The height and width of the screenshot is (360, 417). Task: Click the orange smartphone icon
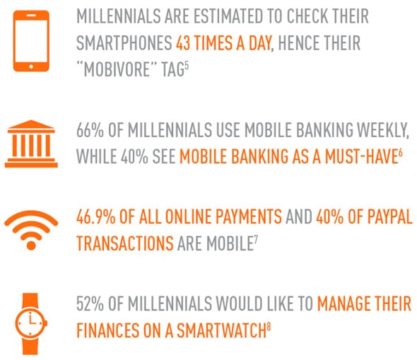(x=31, y=41)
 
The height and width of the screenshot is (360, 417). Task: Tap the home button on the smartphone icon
(x=31, y=66)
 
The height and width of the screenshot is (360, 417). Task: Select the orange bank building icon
(x=31, y=144)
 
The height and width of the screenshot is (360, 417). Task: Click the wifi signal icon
(x=31, y=230)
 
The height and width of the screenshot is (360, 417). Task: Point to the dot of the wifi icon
(x=31, y=245)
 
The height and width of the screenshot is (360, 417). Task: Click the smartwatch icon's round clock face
(x=31, y=323)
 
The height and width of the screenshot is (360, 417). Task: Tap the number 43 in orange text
(x=183, y=43)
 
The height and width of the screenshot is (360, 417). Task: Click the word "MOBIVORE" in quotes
(x=117, y=69)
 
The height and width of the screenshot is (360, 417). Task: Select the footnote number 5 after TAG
(x=187, y=65)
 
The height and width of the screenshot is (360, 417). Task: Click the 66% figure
(x=90, y=130)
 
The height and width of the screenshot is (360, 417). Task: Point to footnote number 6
(x=400, y=153)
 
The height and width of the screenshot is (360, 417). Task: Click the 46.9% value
(x=95, y=216)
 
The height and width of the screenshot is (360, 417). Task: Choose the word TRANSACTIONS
(x=125, y=243)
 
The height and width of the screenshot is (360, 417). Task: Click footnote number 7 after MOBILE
(x=256, y=240)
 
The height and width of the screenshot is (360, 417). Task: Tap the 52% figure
(x=90, y=304)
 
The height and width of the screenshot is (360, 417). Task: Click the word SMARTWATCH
(x=222, y=330)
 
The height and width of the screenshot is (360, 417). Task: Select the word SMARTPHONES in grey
(x=124, y=43)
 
